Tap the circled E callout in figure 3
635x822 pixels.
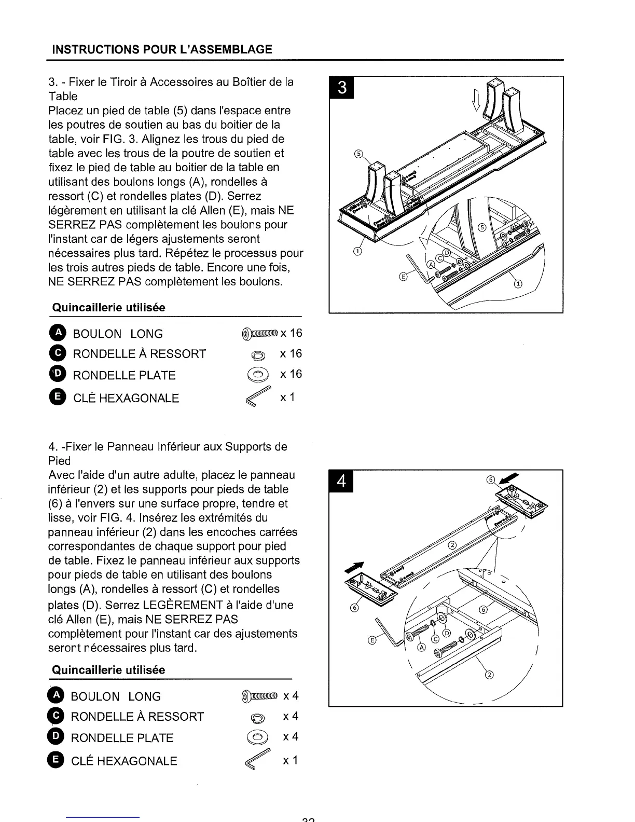(x=403, y=277)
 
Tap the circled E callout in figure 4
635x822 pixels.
(x=371, y=640)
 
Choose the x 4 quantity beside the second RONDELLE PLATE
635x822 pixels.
(x=291, y=737)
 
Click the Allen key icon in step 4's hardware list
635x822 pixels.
(x=258, y=761)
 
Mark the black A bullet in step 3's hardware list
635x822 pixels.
(x=59, y=333)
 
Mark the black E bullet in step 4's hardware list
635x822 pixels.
(x=57, y=760)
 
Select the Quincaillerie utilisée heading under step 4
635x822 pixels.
(x=108, y=670)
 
